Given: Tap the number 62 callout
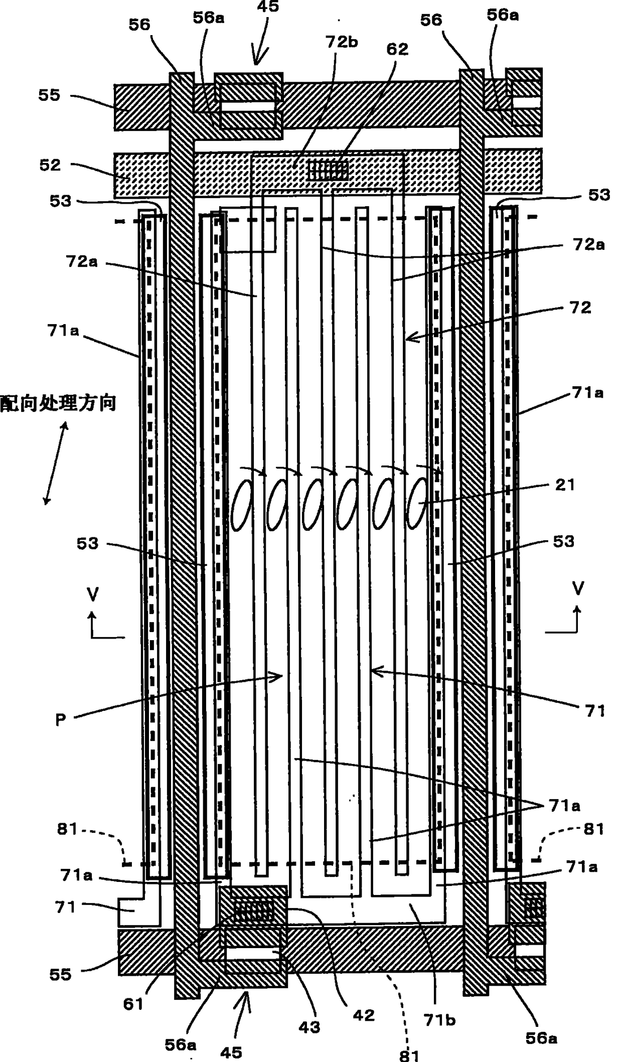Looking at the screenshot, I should [397, 49].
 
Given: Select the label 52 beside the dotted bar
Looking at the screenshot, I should [50, 165].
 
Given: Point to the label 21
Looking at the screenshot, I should [565, 485].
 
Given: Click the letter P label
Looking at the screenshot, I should [60, 719].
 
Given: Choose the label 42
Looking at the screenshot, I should [364, 1015].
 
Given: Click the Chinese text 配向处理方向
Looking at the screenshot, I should [58, 403].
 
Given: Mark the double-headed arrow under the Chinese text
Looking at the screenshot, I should [56, 463].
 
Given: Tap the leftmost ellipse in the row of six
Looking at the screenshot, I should [241, 504].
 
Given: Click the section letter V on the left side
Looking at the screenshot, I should [92, 594].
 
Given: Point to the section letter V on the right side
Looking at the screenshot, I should [578, 588].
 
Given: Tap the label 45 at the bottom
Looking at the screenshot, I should [231, 1052].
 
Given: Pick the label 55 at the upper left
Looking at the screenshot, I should [49, 95].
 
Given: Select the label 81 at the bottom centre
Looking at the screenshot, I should [409, 1055].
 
